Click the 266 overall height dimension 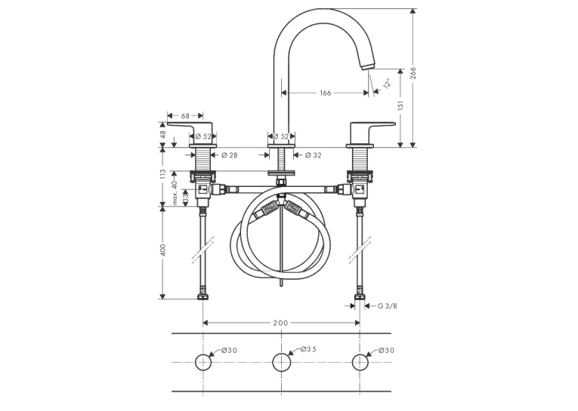click(x=413, y=76)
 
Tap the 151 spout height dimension click(x=400, y=105)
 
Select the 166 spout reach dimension click(x=325, y=93)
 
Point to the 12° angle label click(x=387, y=84)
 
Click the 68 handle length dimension click(x=185, y=115)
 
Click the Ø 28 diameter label click(x=229, y=155)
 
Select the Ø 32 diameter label click(x=314, y=155)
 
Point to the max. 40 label click(x=175, y=192)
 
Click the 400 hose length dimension click(x=163, y=250)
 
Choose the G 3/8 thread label click(x=388, y=305)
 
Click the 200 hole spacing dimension click(x=280, y=323)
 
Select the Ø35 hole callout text click(x=308, y=348)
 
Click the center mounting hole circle click(x=282, y=363)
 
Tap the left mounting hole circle click(x=203, y=363)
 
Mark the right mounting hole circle click(x=360, y=363)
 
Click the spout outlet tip click(x=367, y=66)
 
